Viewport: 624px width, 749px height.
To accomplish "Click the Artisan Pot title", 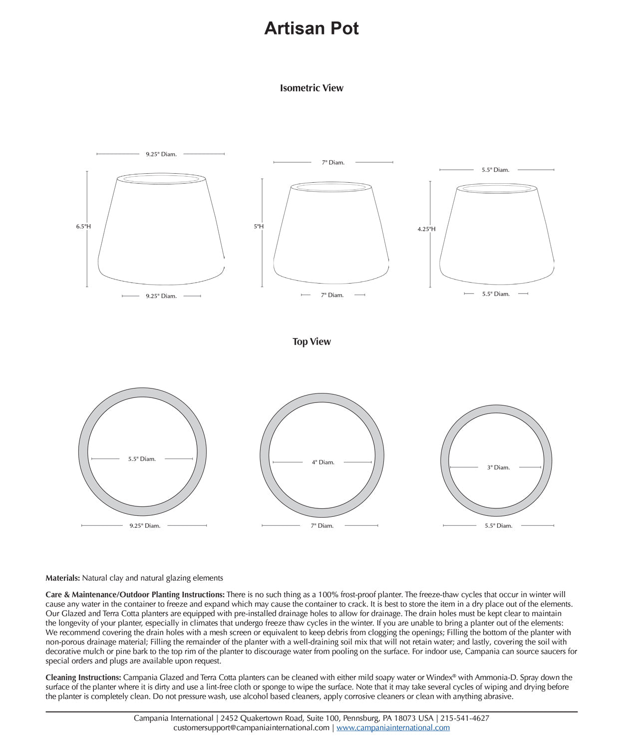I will (x=312, y=28).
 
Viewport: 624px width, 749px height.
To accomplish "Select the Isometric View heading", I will (x=312, y=88).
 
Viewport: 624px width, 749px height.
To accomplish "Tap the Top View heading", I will (x=312, y=342).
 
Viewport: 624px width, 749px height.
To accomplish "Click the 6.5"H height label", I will (x=83, y=226).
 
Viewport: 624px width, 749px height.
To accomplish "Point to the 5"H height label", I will (x=259, y=226).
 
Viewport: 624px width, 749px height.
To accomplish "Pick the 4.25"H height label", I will (x=426, y=229).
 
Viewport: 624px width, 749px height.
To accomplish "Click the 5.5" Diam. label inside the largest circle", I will (x=142, y=459).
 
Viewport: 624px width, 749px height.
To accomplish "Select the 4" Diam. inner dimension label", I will (x=323, y=462).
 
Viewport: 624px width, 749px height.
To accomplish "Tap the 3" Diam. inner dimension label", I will (x=498, y=467).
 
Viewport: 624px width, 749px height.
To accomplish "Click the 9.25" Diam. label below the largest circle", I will (x=145, y=525).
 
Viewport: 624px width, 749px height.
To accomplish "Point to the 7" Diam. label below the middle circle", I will (x=322, y=525).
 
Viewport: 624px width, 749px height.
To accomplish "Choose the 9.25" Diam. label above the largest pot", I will (x=161, y=154).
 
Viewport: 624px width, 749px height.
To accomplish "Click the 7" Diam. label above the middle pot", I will (x=333, y=162).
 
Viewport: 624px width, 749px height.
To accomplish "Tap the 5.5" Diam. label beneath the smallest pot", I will (x=496, y=294).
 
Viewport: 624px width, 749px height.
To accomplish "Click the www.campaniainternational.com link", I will (x=393, y=728).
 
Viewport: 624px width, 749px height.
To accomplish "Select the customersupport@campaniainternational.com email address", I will (x=251, y=728).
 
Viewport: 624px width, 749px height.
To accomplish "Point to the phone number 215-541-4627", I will (x=465, y=718).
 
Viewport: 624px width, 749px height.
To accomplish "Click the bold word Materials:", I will (x=62, y=578).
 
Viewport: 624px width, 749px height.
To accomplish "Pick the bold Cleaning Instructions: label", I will (x=83, y=678).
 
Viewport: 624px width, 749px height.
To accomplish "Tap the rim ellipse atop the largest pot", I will (x=161, y=178).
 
